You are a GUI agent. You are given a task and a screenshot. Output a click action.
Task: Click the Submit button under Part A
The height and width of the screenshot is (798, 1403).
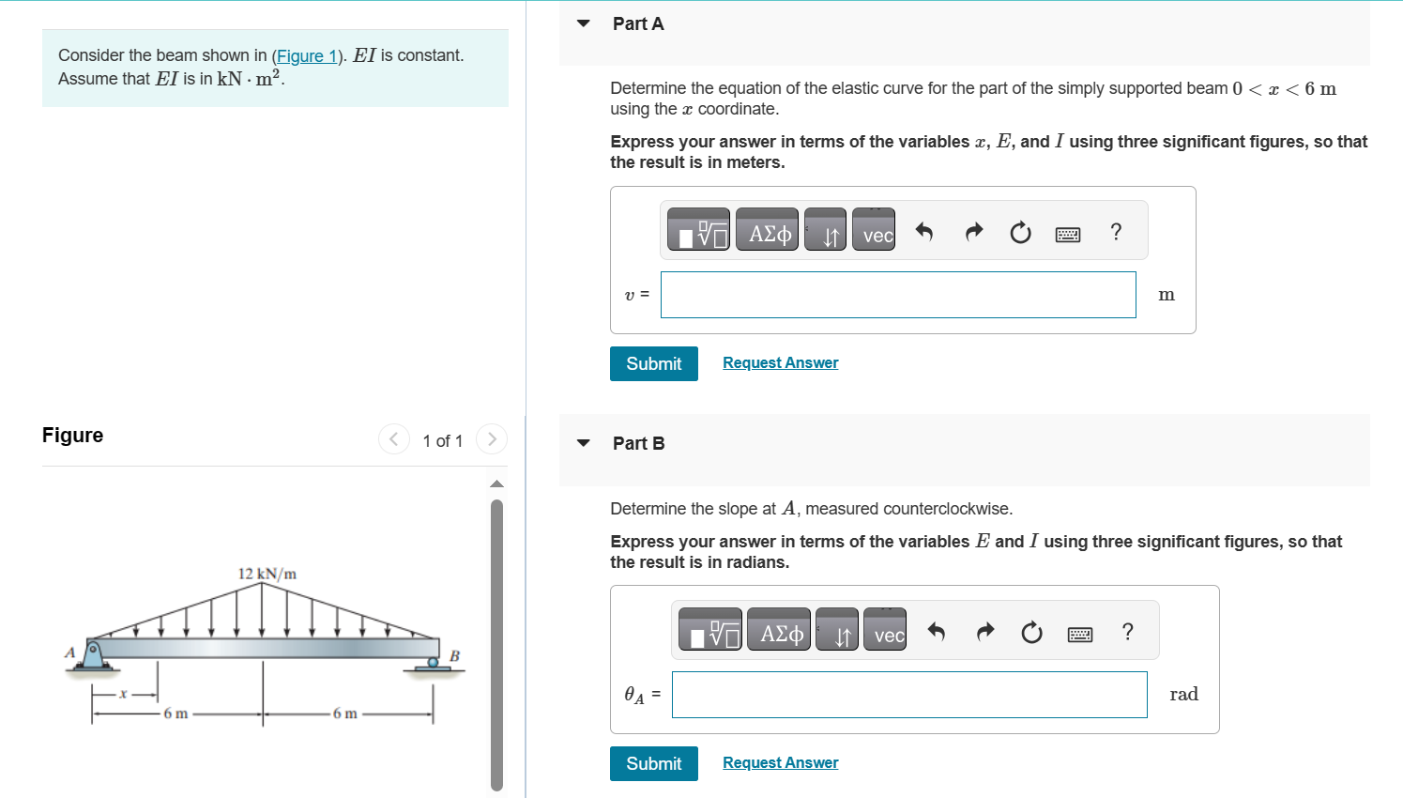pyautogui.click(x=653, y=363)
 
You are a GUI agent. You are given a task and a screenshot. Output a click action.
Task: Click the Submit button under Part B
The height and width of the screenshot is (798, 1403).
pyautogui.click(x=653, y=763)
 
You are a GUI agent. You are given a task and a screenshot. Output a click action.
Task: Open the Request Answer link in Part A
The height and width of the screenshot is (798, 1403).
pyautogui.click(x=780, y=362)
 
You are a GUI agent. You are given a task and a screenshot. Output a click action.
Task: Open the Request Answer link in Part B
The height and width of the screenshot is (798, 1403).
pyautogui.click(x=780, y=762)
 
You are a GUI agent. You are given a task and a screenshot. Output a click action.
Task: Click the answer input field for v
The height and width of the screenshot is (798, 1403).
pyautogui.click(x=897, y=295)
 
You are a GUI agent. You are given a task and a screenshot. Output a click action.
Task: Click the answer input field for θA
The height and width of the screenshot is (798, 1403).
pyautogui.click(x=908, y=695)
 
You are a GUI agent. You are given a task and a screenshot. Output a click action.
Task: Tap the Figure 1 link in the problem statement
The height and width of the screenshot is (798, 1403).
pyautogui.click(x=306, y=56)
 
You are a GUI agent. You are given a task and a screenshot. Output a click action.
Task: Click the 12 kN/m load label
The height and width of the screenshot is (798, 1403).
pyautogui.click(x=267, y=574)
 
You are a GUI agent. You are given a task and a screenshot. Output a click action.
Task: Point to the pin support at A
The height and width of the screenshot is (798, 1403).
pyautogui.click(x=93, y=653)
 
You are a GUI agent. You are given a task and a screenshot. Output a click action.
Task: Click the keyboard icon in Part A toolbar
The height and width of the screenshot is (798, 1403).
pyautogui.click(x=1067, y=234)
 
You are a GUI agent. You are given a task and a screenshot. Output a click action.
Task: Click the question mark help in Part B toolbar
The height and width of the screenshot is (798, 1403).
pyautogui.click(x=1127, y=631)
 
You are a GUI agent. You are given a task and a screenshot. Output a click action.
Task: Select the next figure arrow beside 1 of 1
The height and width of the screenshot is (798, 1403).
pyautogui.click(x=491, y=439)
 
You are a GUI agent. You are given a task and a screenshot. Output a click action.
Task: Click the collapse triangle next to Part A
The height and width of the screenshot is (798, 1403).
pyautogui.click(x=584, y=23)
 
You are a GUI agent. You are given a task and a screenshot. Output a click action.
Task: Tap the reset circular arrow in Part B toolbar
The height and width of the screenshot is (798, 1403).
pyautogui.click(x=1031, y=633)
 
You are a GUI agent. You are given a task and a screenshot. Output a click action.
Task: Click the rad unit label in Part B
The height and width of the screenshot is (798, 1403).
pyautogui.click(x=1182, y=695)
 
